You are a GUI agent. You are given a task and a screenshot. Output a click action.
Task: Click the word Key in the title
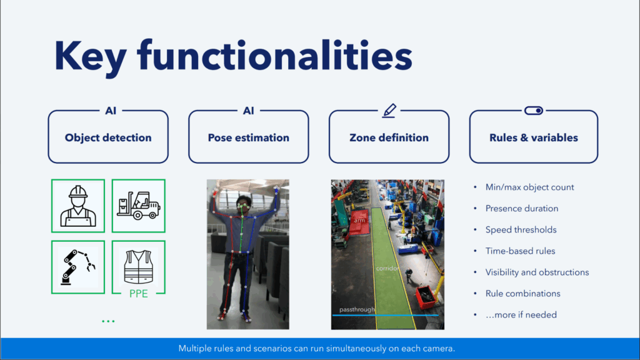[91, 57]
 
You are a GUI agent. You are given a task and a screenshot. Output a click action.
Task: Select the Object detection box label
[108, 138]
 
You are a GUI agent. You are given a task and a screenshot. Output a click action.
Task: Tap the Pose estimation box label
[249, 138]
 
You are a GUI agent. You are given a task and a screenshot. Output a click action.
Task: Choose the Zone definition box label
[389, 138]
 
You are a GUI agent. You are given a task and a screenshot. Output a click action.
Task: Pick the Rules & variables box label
[534, 138]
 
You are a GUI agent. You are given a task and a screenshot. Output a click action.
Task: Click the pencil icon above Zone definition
[389, 111]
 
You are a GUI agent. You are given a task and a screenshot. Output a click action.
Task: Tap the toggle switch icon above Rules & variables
[534, 111]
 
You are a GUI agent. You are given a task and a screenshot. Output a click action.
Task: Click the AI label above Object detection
[111, 111]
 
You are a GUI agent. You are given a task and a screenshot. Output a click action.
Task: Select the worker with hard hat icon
[78, 206]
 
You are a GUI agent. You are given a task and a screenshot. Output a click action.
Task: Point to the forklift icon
[139, 205]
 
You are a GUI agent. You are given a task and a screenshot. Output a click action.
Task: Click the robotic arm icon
[78, 267]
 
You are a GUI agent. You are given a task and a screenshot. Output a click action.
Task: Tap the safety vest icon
[138, 266]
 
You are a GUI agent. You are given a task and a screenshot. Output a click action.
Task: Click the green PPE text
[138, 294]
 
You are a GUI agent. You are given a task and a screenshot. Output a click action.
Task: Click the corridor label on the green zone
[387, 269]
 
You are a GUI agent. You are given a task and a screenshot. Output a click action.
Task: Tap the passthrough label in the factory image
[357, 310]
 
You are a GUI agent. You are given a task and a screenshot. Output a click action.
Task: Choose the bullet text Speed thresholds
[521, 230]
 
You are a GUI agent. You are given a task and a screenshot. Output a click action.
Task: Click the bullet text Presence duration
[522, 209]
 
